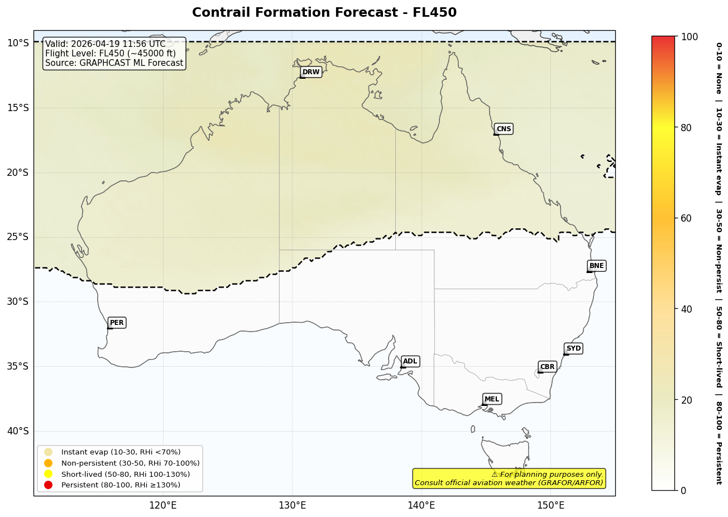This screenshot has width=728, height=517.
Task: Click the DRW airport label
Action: click(x=311, y=72)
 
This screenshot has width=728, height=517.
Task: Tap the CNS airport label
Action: click(x=504, y=129)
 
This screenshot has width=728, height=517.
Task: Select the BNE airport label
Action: click(x=596, y=266)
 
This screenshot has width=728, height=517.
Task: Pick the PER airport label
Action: click(x=117, y=323)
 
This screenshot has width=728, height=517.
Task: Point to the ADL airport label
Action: click(x=410, y=361)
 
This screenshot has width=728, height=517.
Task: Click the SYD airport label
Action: click(x=573, y=348)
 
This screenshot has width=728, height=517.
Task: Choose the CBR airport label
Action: click(x=547, y=367)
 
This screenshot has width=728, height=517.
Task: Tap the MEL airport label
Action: click(x=492, y=399)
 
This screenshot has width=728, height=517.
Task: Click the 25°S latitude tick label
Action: click(x=17, y=237)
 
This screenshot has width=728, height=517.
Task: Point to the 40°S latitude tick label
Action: click(x=17, y=430)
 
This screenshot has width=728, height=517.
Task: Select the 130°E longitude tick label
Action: click(x=292, y=506)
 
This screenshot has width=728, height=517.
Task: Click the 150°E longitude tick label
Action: click(x=550, y=506)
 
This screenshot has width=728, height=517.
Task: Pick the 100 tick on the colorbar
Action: click(x=689, y=37)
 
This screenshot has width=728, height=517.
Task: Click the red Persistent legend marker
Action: click(x=49, y=485)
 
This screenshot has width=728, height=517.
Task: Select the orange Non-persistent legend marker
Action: click(x=49, y=463)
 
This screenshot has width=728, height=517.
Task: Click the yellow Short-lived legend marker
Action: click(x=49, y=474)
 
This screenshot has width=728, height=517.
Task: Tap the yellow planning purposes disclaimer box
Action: click(x=509, y=478)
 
